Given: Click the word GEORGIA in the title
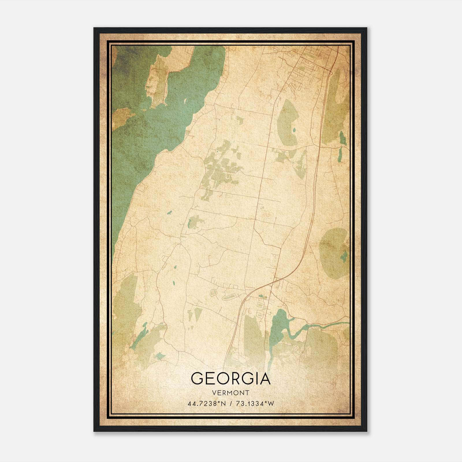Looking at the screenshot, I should pos(231,379).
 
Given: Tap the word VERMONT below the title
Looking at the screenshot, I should pos(231,393).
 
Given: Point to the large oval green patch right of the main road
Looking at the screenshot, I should pos(287,121).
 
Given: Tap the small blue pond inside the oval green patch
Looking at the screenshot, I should pos(294,130).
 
